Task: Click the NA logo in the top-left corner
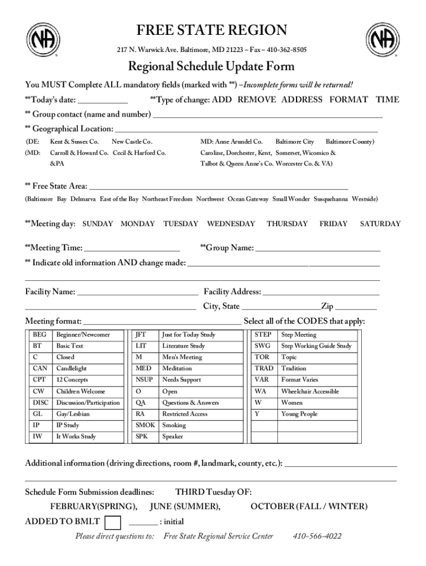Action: (44, 40)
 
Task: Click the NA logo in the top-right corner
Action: (382, 40)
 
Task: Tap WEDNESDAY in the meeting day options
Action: (231, 224)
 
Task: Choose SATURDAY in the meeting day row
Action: (380, 224)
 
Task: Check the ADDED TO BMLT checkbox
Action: (113, 522)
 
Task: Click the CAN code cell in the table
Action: (40, 369)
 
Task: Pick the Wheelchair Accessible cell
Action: (310, 391)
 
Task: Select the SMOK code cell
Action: (146, 425)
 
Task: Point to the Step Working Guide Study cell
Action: (316, 346)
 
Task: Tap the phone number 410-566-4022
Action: (317, 536)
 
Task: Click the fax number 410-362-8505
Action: (287, 50)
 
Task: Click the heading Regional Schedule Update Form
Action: (211, 67)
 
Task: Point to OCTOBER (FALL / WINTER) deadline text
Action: (309, 506)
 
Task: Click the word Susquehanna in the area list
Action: (331, 199)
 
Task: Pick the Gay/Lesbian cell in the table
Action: (72, 414)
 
